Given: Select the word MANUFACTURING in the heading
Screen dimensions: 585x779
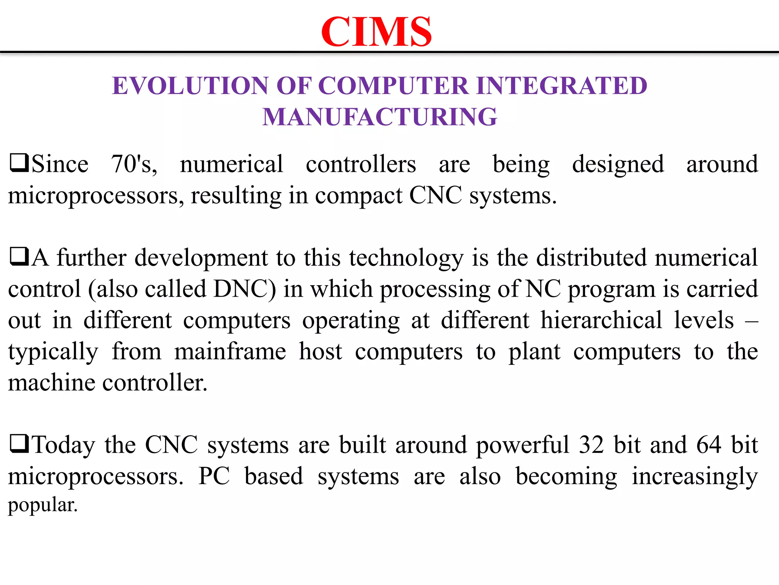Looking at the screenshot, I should [380, 117].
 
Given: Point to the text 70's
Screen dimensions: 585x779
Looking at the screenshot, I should [134, 164].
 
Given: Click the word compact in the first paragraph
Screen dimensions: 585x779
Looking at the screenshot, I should [358, 196].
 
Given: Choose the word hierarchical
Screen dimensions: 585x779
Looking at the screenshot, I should [601, 320].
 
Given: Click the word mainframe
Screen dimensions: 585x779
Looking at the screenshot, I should [230, 351].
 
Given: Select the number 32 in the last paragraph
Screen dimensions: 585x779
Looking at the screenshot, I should [591, 445].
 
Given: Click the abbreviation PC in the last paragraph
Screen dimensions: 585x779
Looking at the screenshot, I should [214, 476].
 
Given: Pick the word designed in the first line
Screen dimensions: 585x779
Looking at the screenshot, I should [618, 165].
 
